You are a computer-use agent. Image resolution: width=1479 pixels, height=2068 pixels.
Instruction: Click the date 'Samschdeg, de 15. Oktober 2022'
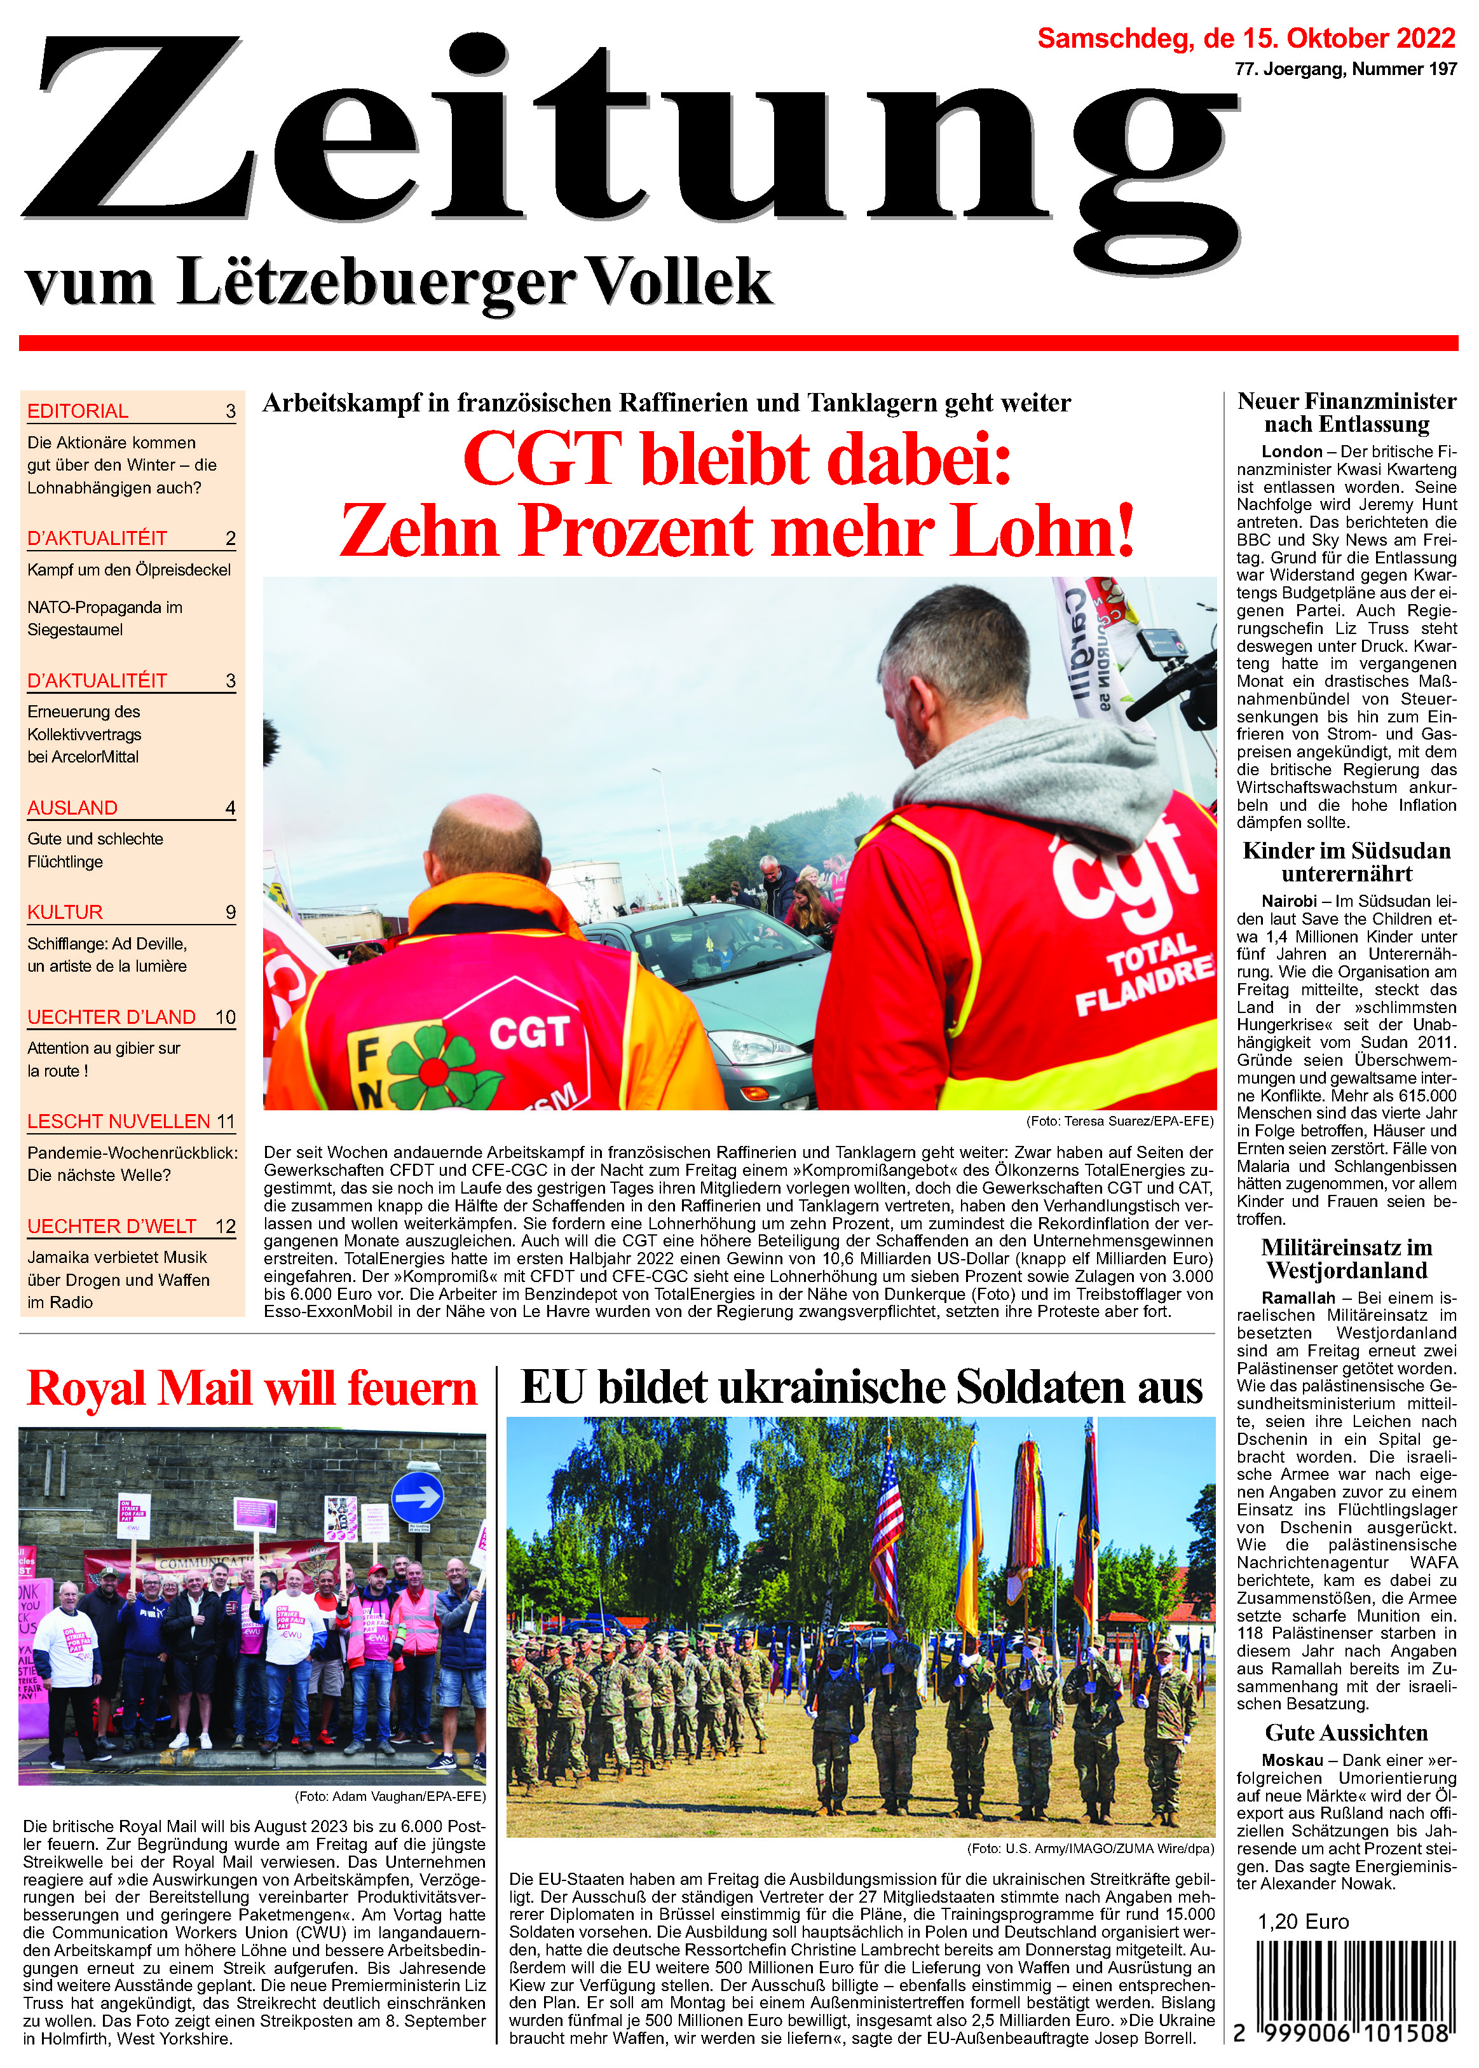pos(1246,38)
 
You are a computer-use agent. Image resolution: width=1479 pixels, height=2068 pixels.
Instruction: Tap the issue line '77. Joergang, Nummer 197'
pos(1345,69)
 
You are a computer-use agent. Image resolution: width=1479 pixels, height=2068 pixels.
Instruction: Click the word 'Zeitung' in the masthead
pos(629,137)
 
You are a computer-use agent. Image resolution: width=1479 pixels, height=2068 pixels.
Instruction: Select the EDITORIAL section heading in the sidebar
pos(78,411)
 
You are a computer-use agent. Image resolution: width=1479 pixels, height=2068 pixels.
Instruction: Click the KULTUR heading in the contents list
pos(65,912)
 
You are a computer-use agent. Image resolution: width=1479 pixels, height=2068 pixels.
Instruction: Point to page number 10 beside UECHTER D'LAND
pos(225,1017)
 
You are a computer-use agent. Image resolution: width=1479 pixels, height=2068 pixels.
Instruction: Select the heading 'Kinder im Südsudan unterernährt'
pos(1346,862)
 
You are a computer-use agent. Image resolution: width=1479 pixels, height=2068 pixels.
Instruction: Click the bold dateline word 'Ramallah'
pos(1298,1297)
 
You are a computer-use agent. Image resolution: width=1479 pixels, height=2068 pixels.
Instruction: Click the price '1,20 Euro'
pos(1303,1921)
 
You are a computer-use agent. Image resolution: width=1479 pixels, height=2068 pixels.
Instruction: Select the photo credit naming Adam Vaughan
pos(390,1796)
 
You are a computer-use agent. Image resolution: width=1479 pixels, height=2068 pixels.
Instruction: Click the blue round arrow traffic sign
pos(417,1497)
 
